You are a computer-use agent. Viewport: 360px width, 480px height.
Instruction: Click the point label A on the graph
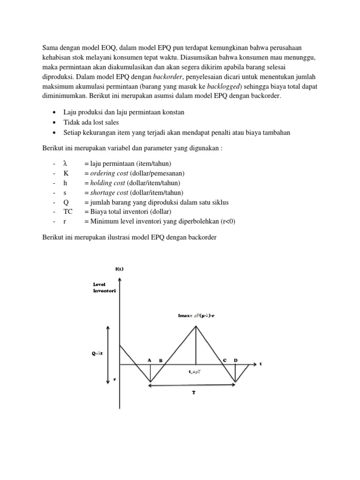[x=150, y=360]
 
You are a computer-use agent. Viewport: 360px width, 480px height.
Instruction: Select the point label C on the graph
[x=225, y=360]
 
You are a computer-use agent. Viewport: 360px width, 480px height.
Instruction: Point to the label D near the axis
[x=236, y=360]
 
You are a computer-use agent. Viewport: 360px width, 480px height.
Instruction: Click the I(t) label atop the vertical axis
[x=119, y=269]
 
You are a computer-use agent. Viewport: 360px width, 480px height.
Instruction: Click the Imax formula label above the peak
[x=196, y=316]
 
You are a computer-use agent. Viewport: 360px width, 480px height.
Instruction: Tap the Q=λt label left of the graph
[x=97, y=353]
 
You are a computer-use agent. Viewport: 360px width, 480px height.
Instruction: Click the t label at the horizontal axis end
[x=261, y=364]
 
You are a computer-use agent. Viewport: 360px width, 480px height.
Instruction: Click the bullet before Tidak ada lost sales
[x=56, y=123]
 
